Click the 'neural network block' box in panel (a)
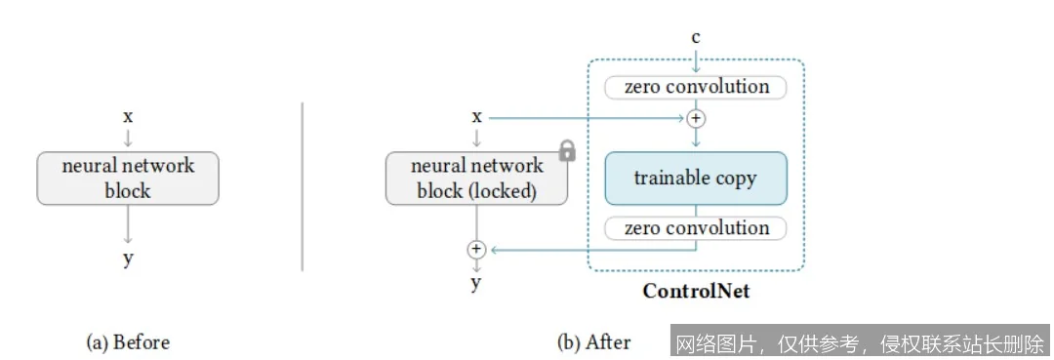[x=128, y=178]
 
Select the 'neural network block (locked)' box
[x=476, y=178]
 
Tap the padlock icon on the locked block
[x=566, y=152]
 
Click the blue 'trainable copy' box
[x=695, y=178]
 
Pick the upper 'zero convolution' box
[x=695, y=87]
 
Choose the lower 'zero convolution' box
[x=695, y=228]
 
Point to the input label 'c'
[x=695, y=38]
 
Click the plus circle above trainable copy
[x=695, y=118]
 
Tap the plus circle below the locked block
[x=476, y=250]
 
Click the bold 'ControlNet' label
[x=695, y=291]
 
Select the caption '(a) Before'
[x=128, y=342]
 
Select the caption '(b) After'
[x=593, y=342]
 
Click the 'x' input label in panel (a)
[x=128, y=116]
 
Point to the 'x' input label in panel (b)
[x=476, y=116]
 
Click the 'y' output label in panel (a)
[x=128, y=259]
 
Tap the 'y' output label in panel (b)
[x=476, y=283]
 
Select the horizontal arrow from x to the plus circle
[x=586, y=118]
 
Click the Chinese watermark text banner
[x=860, y=342]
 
